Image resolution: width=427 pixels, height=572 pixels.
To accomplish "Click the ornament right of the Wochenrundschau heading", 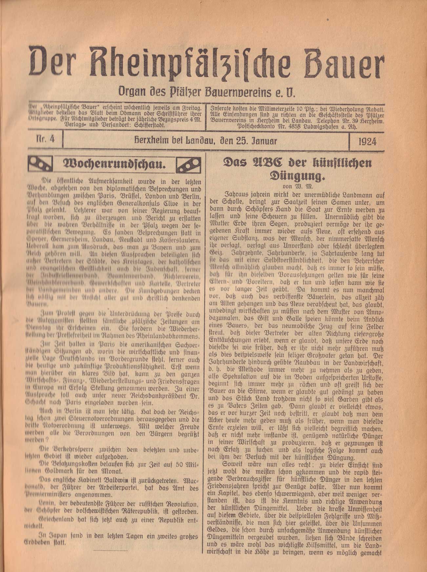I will tap(188, 164).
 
